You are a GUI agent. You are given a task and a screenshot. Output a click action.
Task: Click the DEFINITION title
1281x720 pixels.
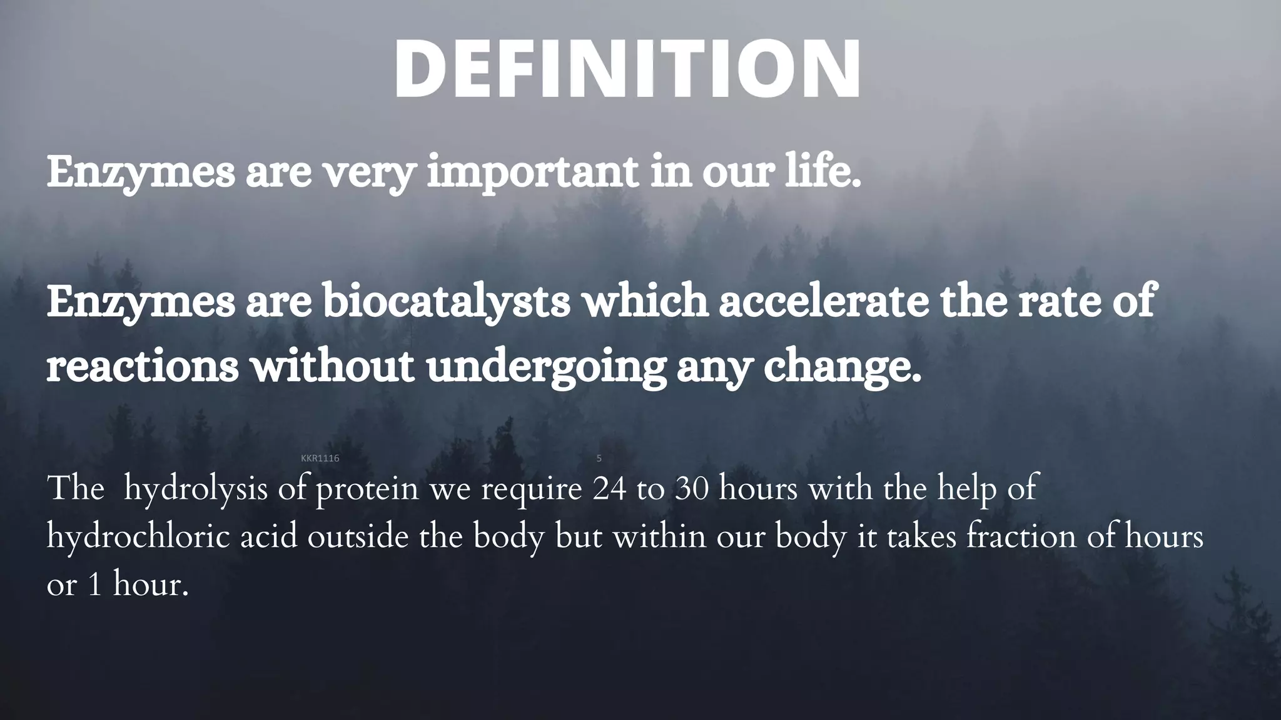[x=627, y=69]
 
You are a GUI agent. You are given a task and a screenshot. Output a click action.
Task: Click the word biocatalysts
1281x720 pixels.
[x=446, y=301]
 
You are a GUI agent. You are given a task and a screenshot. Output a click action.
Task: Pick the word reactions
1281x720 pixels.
[x=143, y=366]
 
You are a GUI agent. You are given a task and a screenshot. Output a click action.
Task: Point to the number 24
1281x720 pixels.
[x=609, y=489]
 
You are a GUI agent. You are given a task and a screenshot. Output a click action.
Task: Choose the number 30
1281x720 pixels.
[x=692, y=489]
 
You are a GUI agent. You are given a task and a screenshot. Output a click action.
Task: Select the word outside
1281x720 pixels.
[x=357, y=537]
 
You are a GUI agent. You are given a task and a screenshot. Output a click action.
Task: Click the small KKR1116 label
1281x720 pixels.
[x=320, y=458]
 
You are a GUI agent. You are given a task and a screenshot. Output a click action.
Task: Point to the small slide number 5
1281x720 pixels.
[x=599, y=458]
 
